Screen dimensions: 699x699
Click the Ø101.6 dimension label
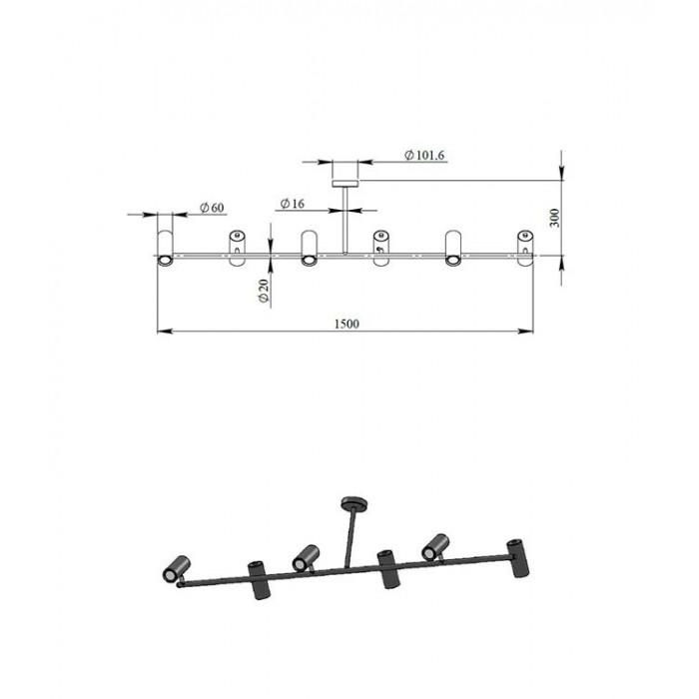click(424, 155)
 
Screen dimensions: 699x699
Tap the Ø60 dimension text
click(212, 208)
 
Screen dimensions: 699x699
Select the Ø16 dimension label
click(293, 204)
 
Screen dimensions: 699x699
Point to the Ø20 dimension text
click(264, 291)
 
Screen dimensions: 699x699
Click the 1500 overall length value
click(347, 324)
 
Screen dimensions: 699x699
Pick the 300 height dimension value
click(554, 218)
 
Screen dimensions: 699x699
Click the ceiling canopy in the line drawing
click(346, 183)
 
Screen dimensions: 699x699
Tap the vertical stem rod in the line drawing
click(346, 221)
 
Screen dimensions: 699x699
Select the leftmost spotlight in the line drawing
click(165, 249)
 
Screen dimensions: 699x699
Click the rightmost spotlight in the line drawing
click(525, 249)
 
